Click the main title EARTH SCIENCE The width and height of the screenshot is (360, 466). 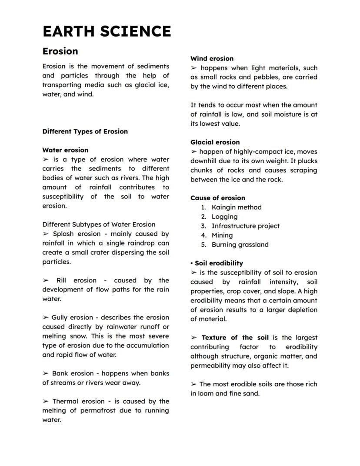point(107,32)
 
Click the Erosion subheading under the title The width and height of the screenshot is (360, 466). point(60,51)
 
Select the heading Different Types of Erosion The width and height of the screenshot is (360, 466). point(85,131)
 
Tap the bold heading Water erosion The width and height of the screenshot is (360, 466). point(65,150)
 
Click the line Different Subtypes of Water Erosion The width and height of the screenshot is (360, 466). point(99,225)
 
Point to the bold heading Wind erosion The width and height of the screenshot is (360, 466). point(212,59)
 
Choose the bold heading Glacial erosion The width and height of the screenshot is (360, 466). point(215,142)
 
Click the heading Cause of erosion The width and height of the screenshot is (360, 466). point(217,198)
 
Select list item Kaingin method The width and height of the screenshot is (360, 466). point(237,208)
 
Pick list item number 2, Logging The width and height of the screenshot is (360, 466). point(224,217)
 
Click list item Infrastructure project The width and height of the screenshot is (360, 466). point(245,226)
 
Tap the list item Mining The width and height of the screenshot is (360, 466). point(222,235)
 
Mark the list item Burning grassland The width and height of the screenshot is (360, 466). point(240,245)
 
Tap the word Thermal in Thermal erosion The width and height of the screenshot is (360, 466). point(65,401)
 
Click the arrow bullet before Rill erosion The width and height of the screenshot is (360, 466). point(46,281)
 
